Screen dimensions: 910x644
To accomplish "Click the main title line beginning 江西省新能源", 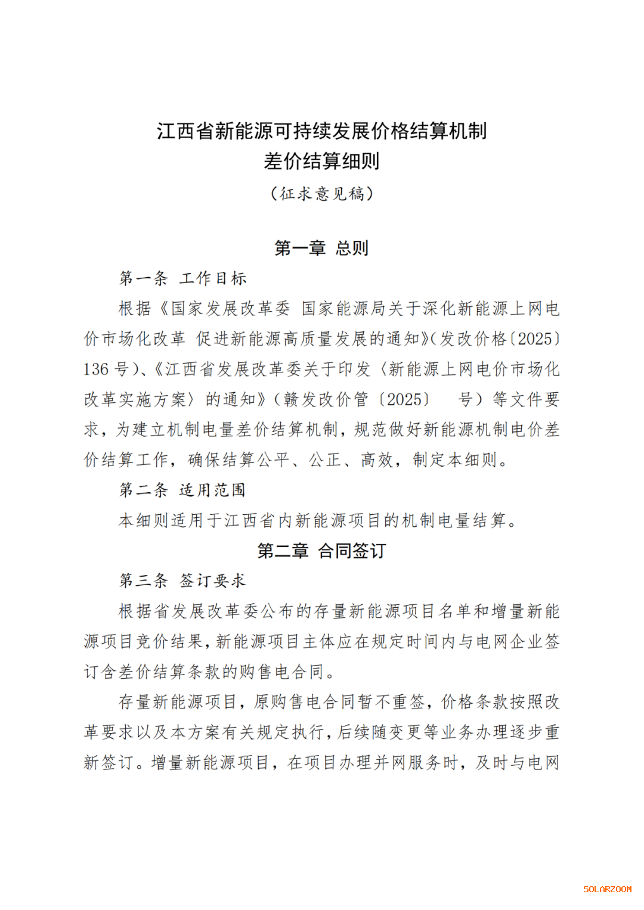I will click(x=322, y=131).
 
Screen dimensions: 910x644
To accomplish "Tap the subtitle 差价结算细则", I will click(x=322, y=161).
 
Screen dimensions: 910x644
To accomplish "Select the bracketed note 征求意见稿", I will click(x=322, y=194).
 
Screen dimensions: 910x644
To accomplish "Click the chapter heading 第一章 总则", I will click(x=322, y=248).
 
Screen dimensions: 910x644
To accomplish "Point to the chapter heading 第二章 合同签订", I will click(x=322, y=551).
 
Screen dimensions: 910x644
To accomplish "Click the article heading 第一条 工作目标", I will click(x=183, y=278).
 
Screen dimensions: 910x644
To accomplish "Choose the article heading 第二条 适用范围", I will click(x=182, y=490).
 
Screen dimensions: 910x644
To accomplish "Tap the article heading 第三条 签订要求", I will click(x=182, y=580).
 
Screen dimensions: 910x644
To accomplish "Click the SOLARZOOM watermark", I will click(x=607, y=889).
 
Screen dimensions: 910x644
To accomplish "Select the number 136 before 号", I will click(x=96, y=369).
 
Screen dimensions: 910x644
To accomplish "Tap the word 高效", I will click(x=377, y=460).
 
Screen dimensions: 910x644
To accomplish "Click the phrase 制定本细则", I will click(x=454, y=460).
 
